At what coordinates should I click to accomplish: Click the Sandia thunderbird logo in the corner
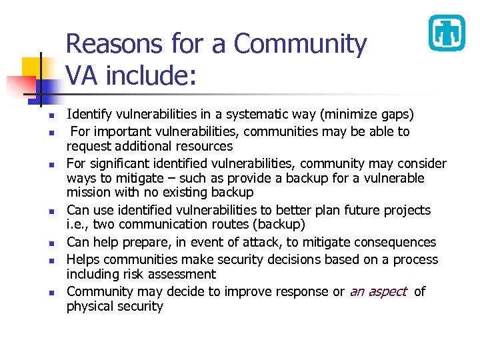[446, 33]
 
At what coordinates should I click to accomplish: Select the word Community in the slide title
[300, 44]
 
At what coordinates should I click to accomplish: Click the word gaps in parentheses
[397, 115]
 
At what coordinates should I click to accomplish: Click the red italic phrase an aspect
[378, 291]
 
